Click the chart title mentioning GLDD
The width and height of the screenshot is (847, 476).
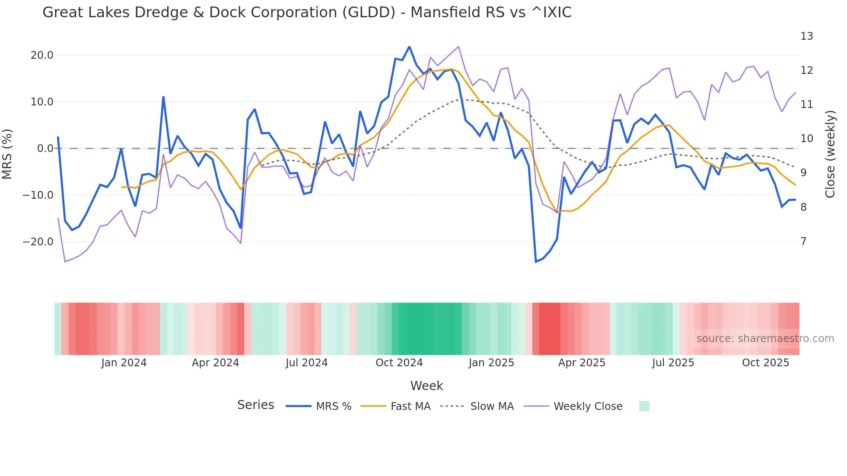click(307, 13)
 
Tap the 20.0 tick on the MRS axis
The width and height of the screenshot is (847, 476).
click(42, 55)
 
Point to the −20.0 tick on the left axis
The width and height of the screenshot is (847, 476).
click(38, 242)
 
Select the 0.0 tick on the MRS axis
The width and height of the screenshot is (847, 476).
click(45, 149)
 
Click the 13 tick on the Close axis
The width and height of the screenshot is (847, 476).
click(806, 36)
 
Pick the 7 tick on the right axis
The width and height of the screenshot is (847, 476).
click(803, 241)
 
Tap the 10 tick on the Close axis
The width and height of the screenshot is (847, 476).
click(806, 139)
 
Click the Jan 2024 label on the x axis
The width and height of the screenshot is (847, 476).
click(124, 363)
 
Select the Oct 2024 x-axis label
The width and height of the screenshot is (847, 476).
click(399, 363)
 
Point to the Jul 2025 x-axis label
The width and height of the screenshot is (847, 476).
click(673, 363)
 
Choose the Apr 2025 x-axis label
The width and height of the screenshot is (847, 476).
click(582, 363)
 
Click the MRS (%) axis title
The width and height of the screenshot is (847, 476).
click(7, 154)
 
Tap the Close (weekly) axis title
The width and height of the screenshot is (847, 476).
click(830, 154)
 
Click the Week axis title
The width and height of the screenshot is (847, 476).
click(427, 386)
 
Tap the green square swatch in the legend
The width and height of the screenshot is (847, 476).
click(644, 406)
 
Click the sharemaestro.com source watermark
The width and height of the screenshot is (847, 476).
click(765, 339)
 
